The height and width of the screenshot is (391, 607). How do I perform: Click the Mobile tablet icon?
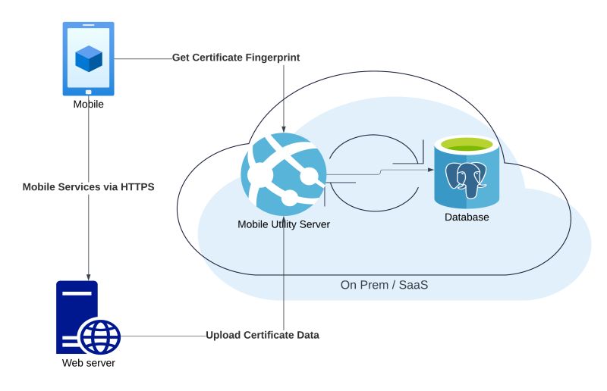coord(88,59)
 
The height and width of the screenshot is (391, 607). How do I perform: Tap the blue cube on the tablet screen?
coord(89,58)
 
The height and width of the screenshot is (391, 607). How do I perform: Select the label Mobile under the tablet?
coord(88,105)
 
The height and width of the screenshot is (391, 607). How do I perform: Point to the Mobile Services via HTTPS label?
coord(89,186)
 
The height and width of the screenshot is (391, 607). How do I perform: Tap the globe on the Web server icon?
coord(100,336)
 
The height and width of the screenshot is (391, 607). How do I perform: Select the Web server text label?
coord(88,363)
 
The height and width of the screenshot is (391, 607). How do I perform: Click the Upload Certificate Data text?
coord(263,335)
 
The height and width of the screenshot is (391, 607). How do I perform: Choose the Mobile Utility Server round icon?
coord(284,175)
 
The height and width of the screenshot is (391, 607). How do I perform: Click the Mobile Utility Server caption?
coord(284,224)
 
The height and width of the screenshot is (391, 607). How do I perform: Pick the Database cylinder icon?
coord(467,172)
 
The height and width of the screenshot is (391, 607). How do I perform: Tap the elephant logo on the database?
coord(467,180)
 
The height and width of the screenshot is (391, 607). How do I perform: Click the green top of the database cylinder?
coord(467,143)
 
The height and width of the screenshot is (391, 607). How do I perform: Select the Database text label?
coord(467,217)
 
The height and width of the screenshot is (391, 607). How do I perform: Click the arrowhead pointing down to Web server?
coord(89,275)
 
